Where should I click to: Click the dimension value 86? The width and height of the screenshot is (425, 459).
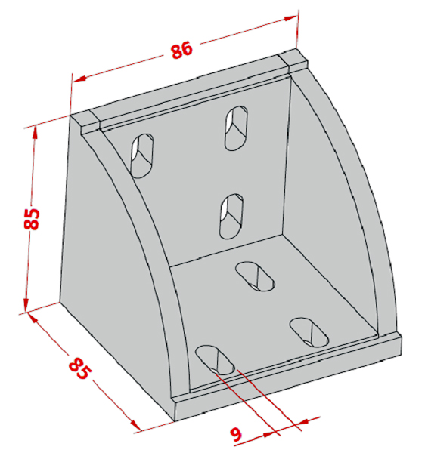tap(181, 50)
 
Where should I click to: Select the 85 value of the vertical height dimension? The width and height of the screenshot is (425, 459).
tap(32, 219)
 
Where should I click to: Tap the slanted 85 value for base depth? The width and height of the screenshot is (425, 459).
tap(79, 368)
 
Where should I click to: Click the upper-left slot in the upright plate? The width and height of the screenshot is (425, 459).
tap(142, 156)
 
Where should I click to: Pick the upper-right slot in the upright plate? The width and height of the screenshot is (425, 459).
tap(236, 128)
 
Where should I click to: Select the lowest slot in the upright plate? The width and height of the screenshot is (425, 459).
tap(231, 216)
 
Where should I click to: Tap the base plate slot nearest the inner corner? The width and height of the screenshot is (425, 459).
tap(256, 276)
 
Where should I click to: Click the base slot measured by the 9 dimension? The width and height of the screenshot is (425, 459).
tap(216, 360)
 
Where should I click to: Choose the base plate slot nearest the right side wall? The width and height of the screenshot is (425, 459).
tap(309, 333)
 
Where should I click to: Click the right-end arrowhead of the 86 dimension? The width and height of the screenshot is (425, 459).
tap(291, 18)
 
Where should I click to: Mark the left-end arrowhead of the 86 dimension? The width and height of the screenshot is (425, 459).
tap(79, 79)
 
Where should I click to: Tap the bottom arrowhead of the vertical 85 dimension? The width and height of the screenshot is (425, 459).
tap(26, 305)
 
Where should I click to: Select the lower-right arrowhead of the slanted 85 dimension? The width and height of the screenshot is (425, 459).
tap(135, 424)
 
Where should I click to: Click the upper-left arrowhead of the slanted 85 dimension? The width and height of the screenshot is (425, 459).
tap(33, 319)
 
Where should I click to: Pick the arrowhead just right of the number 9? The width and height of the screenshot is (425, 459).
tap(270, 434)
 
